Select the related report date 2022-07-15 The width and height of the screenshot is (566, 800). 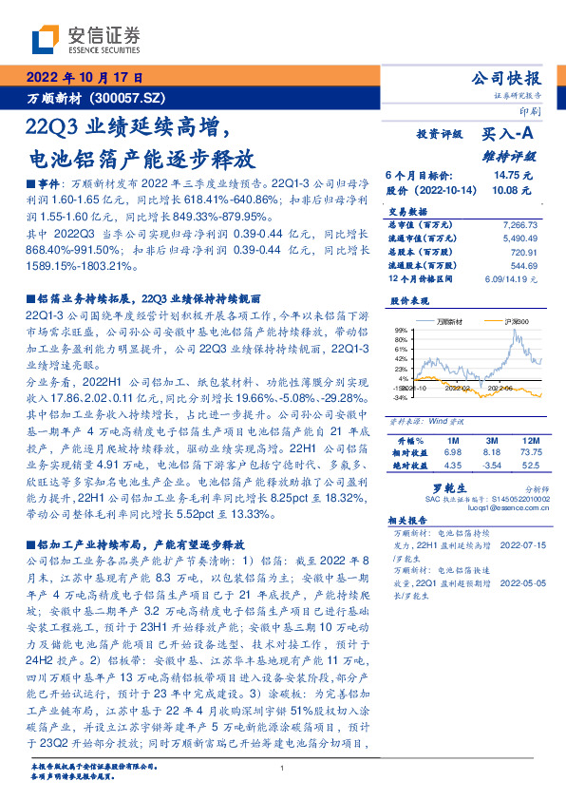point(520,545)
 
